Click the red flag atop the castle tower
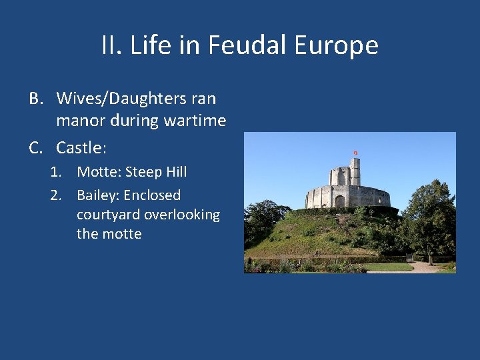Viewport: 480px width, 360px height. tap(355, 153)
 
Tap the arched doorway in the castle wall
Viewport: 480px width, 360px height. tap(340, 201)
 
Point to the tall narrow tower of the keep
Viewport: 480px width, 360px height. tap(355, 172)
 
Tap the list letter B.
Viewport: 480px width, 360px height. tap(36, 99)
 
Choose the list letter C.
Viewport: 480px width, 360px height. tap(36, 147)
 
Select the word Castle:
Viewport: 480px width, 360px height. tap(81, 147)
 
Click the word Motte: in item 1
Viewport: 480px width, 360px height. tap(99, 172)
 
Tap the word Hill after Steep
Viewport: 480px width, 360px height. tap(176, 172)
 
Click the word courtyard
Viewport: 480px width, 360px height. tap(108, 215)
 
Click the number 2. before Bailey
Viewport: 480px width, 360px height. tap(56, 195)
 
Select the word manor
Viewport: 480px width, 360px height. tap(78, 121)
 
